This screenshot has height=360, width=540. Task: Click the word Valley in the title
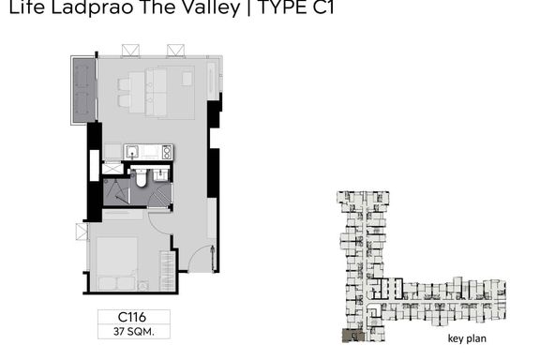[x=211, y=7]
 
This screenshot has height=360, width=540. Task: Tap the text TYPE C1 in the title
[x=296, y=7]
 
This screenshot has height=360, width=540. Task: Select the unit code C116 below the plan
[x=132, y=317]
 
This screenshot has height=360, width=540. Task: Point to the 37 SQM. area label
[x=134, y=332]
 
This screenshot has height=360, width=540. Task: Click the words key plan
[x=467, y=338]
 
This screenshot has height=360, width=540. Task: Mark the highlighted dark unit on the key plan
[x=353, y=336]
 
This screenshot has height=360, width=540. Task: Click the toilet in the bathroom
[x=141, y=177]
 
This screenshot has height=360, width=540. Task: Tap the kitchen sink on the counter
[x=132, y=152]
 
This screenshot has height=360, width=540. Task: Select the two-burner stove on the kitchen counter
[x=167, y=152]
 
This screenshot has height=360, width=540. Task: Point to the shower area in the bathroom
[x=116, y=192]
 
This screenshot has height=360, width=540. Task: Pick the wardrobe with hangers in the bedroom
[x=168, y=271]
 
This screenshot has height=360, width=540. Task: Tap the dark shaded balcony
[x=83, y=90]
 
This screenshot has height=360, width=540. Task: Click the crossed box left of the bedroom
[x=82, y=232]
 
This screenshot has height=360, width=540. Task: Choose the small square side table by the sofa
[x=187, y=79]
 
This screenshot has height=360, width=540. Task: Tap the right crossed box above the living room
[x=175, y=50]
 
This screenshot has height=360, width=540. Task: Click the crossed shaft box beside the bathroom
[x=112, y=169]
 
